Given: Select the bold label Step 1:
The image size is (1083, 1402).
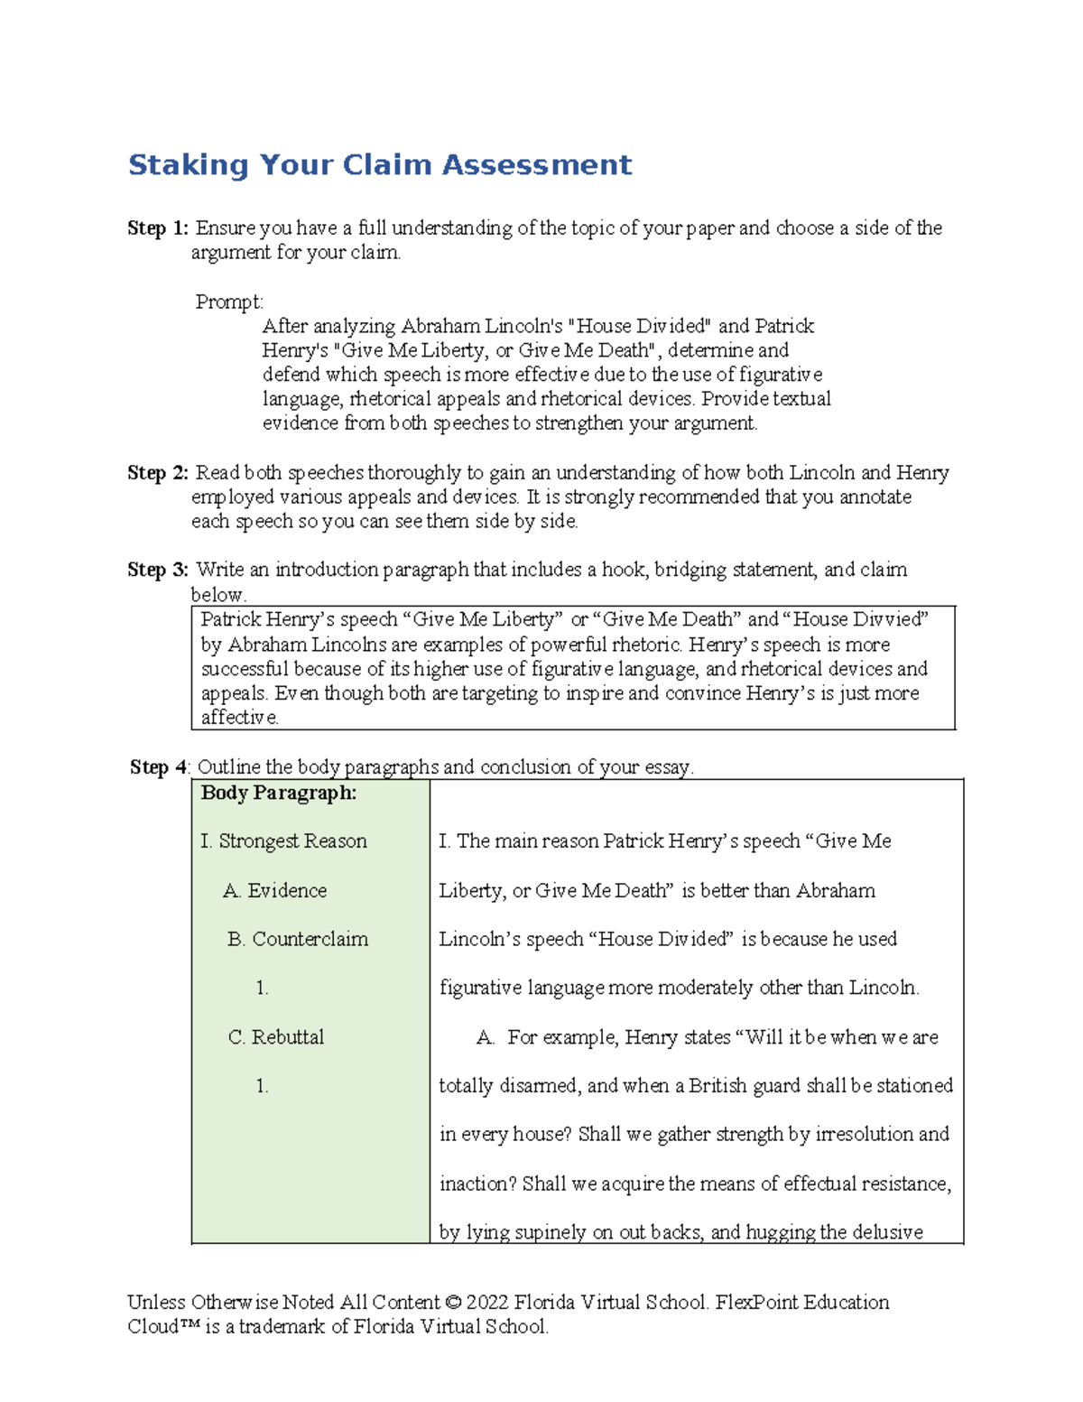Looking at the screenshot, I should (158, 228).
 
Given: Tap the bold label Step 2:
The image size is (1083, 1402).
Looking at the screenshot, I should (158, 473).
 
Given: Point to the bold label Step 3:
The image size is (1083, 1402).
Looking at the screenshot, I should (158, 570).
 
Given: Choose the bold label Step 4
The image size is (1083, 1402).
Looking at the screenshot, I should (159, 767).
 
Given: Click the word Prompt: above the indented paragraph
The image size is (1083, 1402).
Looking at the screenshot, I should (229, 302).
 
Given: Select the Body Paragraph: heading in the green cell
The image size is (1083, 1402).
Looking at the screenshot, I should (278, 793).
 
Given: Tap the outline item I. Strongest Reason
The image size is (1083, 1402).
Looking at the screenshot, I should (283, 841).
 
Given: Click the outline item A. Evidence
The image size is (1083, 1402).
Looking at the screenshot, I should (275, 890).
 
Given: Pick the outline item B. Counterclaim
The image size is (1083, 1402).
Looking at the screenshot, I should (298, 939).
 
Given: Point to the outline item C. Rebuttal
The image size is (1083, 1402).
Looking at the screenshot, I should (276, 1037).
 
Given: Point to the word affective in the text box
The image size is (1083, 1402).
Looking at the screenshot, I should (239, 718).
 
